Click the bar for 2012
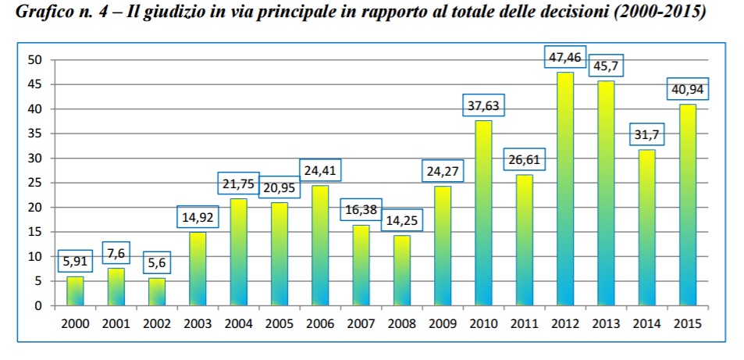coord(565,188)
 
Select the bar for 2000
coord(75,290)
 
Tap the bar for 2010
coord(483,212)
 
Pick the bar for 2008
coord(401,269)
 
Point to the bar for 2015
coord(687,205)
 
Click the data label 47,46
coord(565,57)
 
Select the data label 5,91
coord(75,262)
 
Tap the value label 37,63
coord(483,105)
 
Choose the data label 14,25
coord(401,220)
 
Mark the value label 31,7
coord(646,135)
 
